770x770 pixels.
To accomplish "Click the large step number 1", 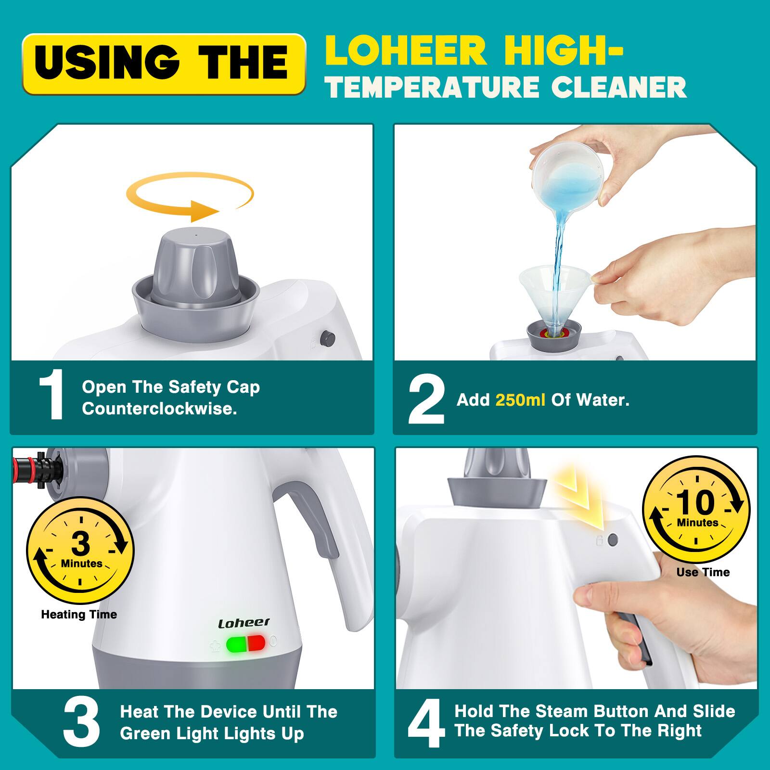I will [51, 396].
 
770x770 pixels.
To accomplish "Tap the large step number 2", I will [426, 400].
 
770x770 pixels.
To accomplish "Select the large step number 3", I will [81, 723].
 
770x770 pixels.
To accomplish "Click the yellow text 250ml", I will [520, 400].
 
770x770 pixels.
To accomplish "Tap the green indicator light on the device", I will [236, 643].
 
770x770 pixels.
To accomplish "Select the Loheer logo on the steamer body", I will [244, 623].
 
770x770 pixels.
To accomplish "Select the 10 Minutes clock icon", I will [696, 510].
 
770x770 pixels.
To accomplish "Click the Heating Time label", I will [79, 615].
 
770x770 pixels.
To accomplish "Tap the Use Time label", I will [703, 572].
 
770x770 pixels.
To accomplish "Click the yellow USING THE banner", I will [164, 64].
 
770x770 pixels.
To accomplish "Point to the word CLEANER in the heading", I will [618, 87].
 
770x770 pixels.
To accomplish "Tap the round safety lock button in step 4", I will [613, 539].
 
